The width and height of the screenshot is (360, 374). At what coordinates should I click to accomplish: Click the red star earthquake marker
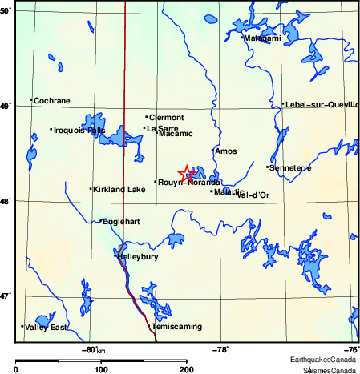tap(186, 173)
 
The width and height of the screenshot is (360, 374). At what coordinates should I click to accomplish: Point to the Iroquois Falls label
tap(79, 130)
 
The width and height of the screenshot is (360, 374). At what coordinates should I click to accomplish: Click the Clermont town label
tap(166, 118)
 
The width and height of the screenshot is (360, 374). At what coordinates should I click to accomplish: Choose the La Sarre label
tap(163, 127)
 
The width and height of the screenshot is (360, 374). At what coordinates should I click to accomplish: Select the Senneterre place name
tap(290, 167)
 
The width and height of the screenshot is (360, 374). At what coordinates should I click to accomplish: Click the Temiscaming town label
tap(176, 327)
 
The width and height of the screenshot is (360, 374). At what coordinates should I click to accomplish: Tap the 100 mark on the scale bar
tap(101, 370)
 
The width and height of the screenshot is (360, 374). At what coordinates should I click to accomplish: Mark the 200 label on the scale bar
tap(186, 370)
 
